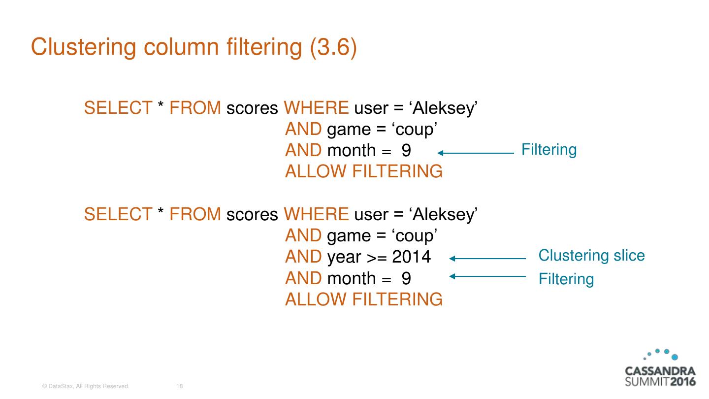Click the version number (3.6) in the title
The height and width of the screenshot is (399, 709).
[x=333, y=47]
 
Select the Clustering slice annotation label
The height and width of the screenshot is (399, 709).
[x=591, y=255]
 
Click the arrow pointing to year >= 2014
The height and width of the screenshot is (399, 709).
[x=487, y=258]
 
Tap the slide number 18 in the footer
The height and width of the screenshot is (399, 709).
[x=179, y=387]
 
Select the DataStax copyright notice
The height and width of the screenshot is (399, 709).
[x=86, y=387]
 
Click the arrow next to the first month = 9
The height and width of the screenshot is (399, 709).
[x=476, y=153]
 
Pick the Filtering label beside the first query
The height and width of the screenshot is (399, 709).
[x=548, y=149]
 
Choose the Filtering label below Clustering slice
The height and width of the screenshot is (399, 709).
[x=566, y=279]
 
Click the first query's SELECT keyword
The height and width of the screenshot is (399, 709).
[x=118, y=108]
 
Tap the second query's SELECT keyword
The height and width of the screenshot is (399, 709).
[x=118, y=214]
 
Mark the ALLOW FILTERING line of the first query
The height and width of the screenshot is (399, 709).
[x=363, y=171]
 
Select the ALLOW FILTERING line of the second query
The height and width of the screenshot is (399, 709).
[x=363, y=299]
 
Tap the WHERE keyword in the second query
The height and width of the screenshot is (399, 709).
[x=317, y=214]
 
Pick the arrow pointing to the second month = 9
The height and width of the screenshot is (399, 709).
[x=487, y=276]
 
